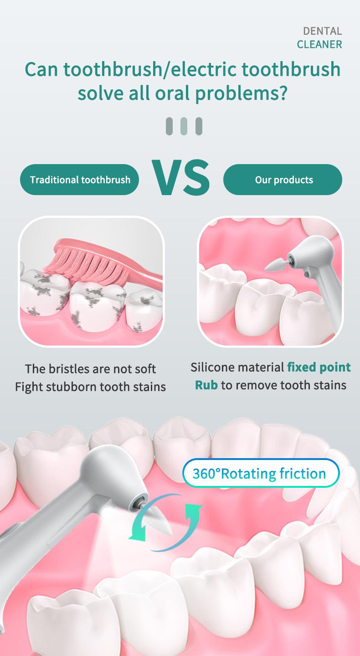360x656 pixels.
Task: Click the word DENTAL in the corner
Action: pos(322,31)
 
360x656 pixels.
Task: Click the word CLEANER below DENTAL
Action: pos(319,45)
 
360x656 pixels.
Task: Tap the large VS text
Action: pos(180,177)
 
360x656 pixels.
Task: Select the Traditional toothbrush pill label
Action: pos(80,180)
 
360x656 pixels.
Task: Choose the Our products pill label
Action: pos(283,180)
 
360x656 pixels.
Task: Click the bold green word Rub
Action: pos(206,385)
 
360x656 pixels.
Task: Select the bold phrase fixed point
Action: pos(319,367)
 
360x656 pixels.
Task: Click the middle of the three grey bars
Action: pos(184,126)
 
